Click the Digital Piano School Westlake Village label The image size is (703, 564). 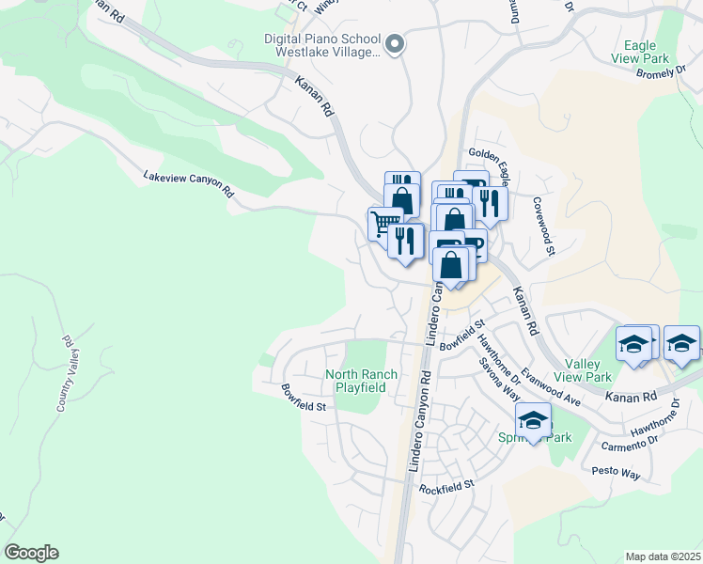pyautogui.click(x=321, y=46)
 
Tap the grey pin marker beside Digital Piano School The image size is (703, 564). pyautogui.click(x=395, y=43)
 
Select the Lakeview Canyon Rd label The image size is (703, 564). pyautogui.click(x=188, y=182)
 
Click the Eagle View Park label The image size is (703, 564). pyautogui.click(x=645, y=52)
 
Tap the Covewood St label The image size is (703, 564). pyautogui.click(x=545, y=226)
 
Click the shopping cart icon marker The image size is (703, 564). pyautogui.click(x=383, y=224)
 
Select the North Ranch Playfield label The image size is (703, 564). pyautogui.click(x=361, y=381)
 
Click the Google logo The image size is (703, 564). pyautogui.click(x=31, y=553)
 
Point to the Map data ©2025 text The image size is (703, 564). pyautogui.click(x=663, y=556)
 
